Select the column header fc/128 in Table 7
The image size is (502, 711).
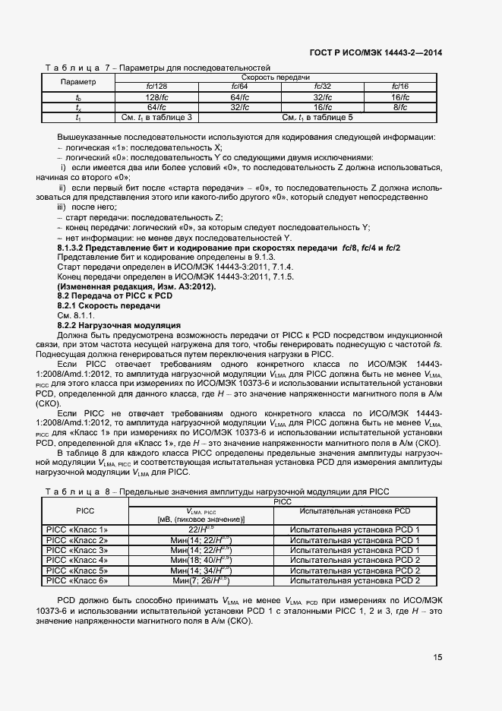tap(156, 87)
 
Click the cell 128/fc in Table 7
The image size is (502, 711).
tap(156, 97)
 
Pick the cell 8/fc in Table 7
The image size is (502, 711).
tap(400, 107)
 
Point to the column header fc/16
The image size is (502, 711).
tap(400, 87)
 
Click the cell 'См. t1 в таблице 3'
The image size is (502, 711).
tap(156, 117)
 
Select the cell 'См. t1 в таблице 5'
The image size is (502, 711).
tap(317, 117)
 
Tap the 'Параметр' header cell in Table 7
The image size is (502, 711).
tap(78, 82)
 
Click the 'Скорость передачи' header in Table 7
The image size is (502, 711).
tap(276, 77)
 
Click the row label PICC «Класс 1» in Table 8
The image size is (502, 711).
tap(77, 529)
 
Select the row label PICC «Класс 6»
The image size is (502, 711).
tap(77, 580)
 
